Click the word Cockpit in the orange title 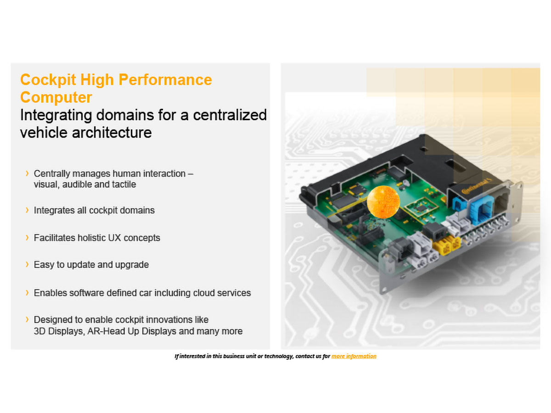[x=48, y=80]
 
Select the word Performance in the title [x=165, y=80]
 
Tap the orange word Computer [x=56, y=97]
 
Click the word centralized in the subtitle [x=230, y=115]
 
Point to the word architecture [x=112, y=133]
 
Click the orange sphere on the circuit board [x=383, y=202]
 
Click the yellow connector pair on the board [x=447, y=245]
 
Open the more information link [x=354, y=356]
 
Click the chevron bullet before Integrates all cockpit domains [x=27, y=210]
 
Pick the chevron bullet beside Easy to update [x=27, y=264]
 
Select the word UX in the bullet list [x=115, y=238]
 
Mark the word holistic [x=92, y=238]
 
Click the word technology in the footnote [x=279, y=357]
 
